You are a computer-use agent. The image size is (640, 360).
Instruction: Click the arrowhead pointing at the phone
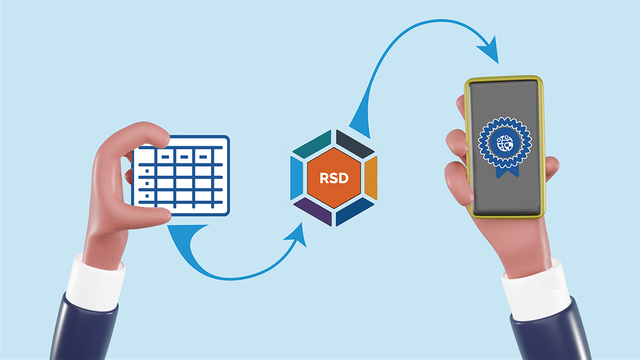click(x=493, y=47)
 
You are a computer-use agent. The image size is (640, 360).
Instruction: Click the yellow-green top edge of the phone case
click(x=504, y=78)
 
